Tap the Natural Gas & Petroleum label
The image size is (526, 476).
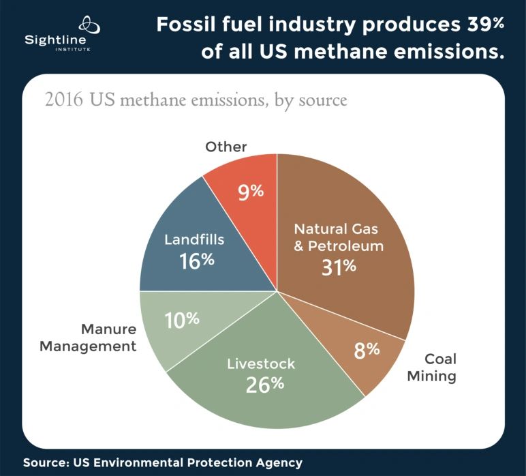(339, 237)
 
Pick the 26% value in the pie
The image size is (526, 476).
(264, 384)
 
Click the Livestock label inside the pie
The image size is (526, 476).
(261, 363)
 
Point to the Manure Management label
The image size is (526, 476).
(88, 338)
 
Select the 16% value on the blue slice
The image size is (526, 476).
(197, 260)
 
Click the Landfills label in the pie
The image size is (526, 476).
(194, 240)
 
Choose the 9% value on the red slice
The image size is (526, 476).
(250, 192)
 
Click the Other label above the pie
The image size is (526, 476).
(226, 147)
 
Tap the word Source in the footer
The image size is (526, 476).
(44, 462)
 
